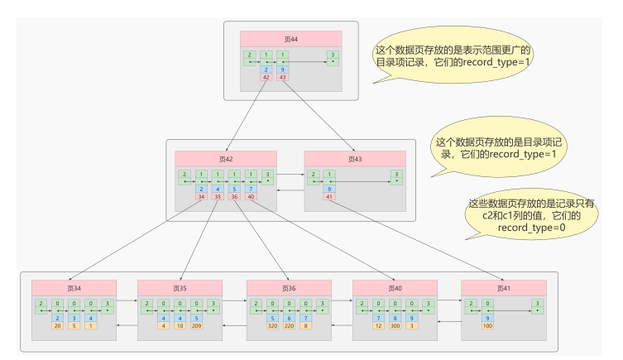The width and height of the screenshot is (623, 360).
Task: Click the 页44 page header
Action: [x=291, y=38]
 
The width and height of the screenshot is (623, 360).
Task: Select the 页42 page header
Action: [x=226, y=158]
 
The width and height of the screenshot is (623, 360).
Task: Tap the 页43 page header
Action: [x=355, y=158]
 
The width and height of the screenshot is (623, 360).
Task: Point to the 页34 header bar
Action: [x=75, y=287]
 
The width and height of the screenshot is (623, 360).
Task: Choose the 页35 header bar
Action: [x=180, y=287]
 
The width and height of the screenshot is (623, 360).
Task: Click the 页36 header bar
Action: [x=289, y=287]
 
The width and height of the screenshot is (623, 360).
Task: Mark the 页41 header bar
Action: [x=503, y=287]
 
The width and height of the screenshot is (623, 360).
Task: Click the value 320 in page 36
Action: [x=273, y=325]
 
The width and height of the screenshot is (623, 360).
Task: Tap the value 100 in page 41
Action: [x=487, y=325]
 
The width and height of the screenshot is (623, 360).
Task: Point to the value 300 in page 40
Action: [x=395, y=325]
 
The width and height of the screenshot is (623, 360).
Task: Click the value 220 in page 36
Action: [x=289, y=325]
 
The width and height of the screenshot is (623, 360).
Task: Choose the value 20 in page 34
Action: [x=59, y=325]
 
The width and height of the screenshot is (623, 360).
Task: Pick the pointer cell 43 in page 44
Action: [x=283, y=77]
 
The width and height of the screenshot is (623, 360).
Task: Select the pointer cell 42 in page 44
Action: [x=266, y=77]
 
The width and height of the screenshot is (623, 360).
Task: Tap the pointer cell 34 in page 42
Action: [x=201, y=197]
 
